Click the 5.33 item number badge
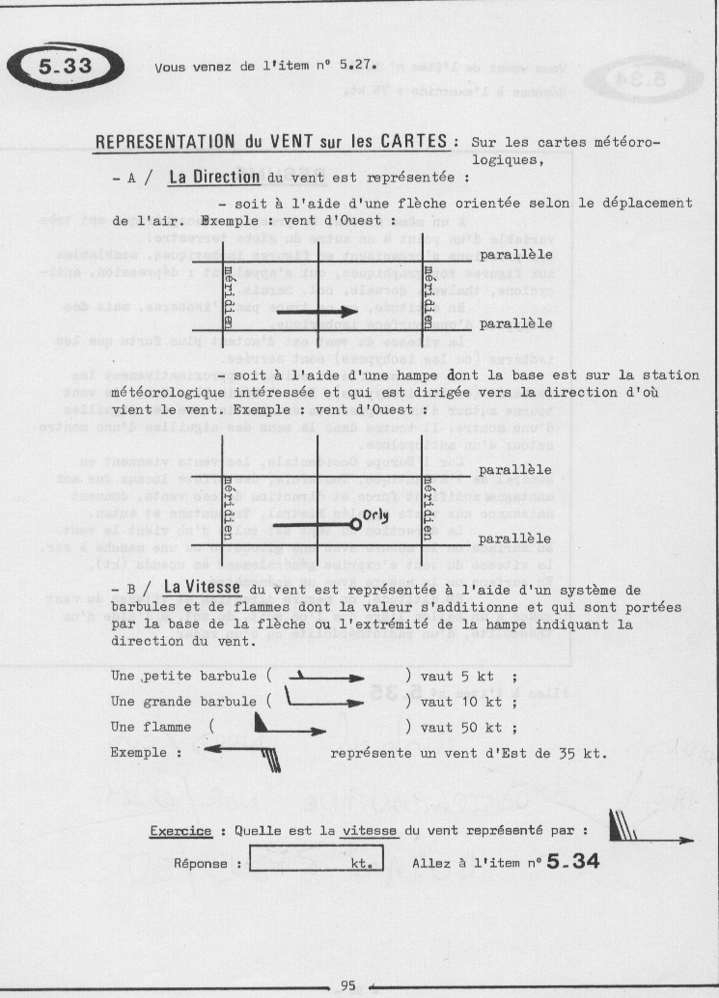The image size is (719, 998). tap(66, 67)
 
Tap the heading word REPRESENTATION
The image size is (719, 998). tap(157, 141)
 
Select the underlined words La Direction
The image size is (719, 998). tap(213, 178)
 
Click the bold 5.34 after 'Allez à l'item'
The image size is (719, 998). tap(572, 860)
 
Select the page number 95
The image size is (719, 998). tap(348, 984)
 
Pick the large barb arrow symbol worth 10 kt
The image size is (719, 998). tap(322, 702)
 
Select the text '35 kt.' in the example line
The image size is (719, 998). tap(585, 752)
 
